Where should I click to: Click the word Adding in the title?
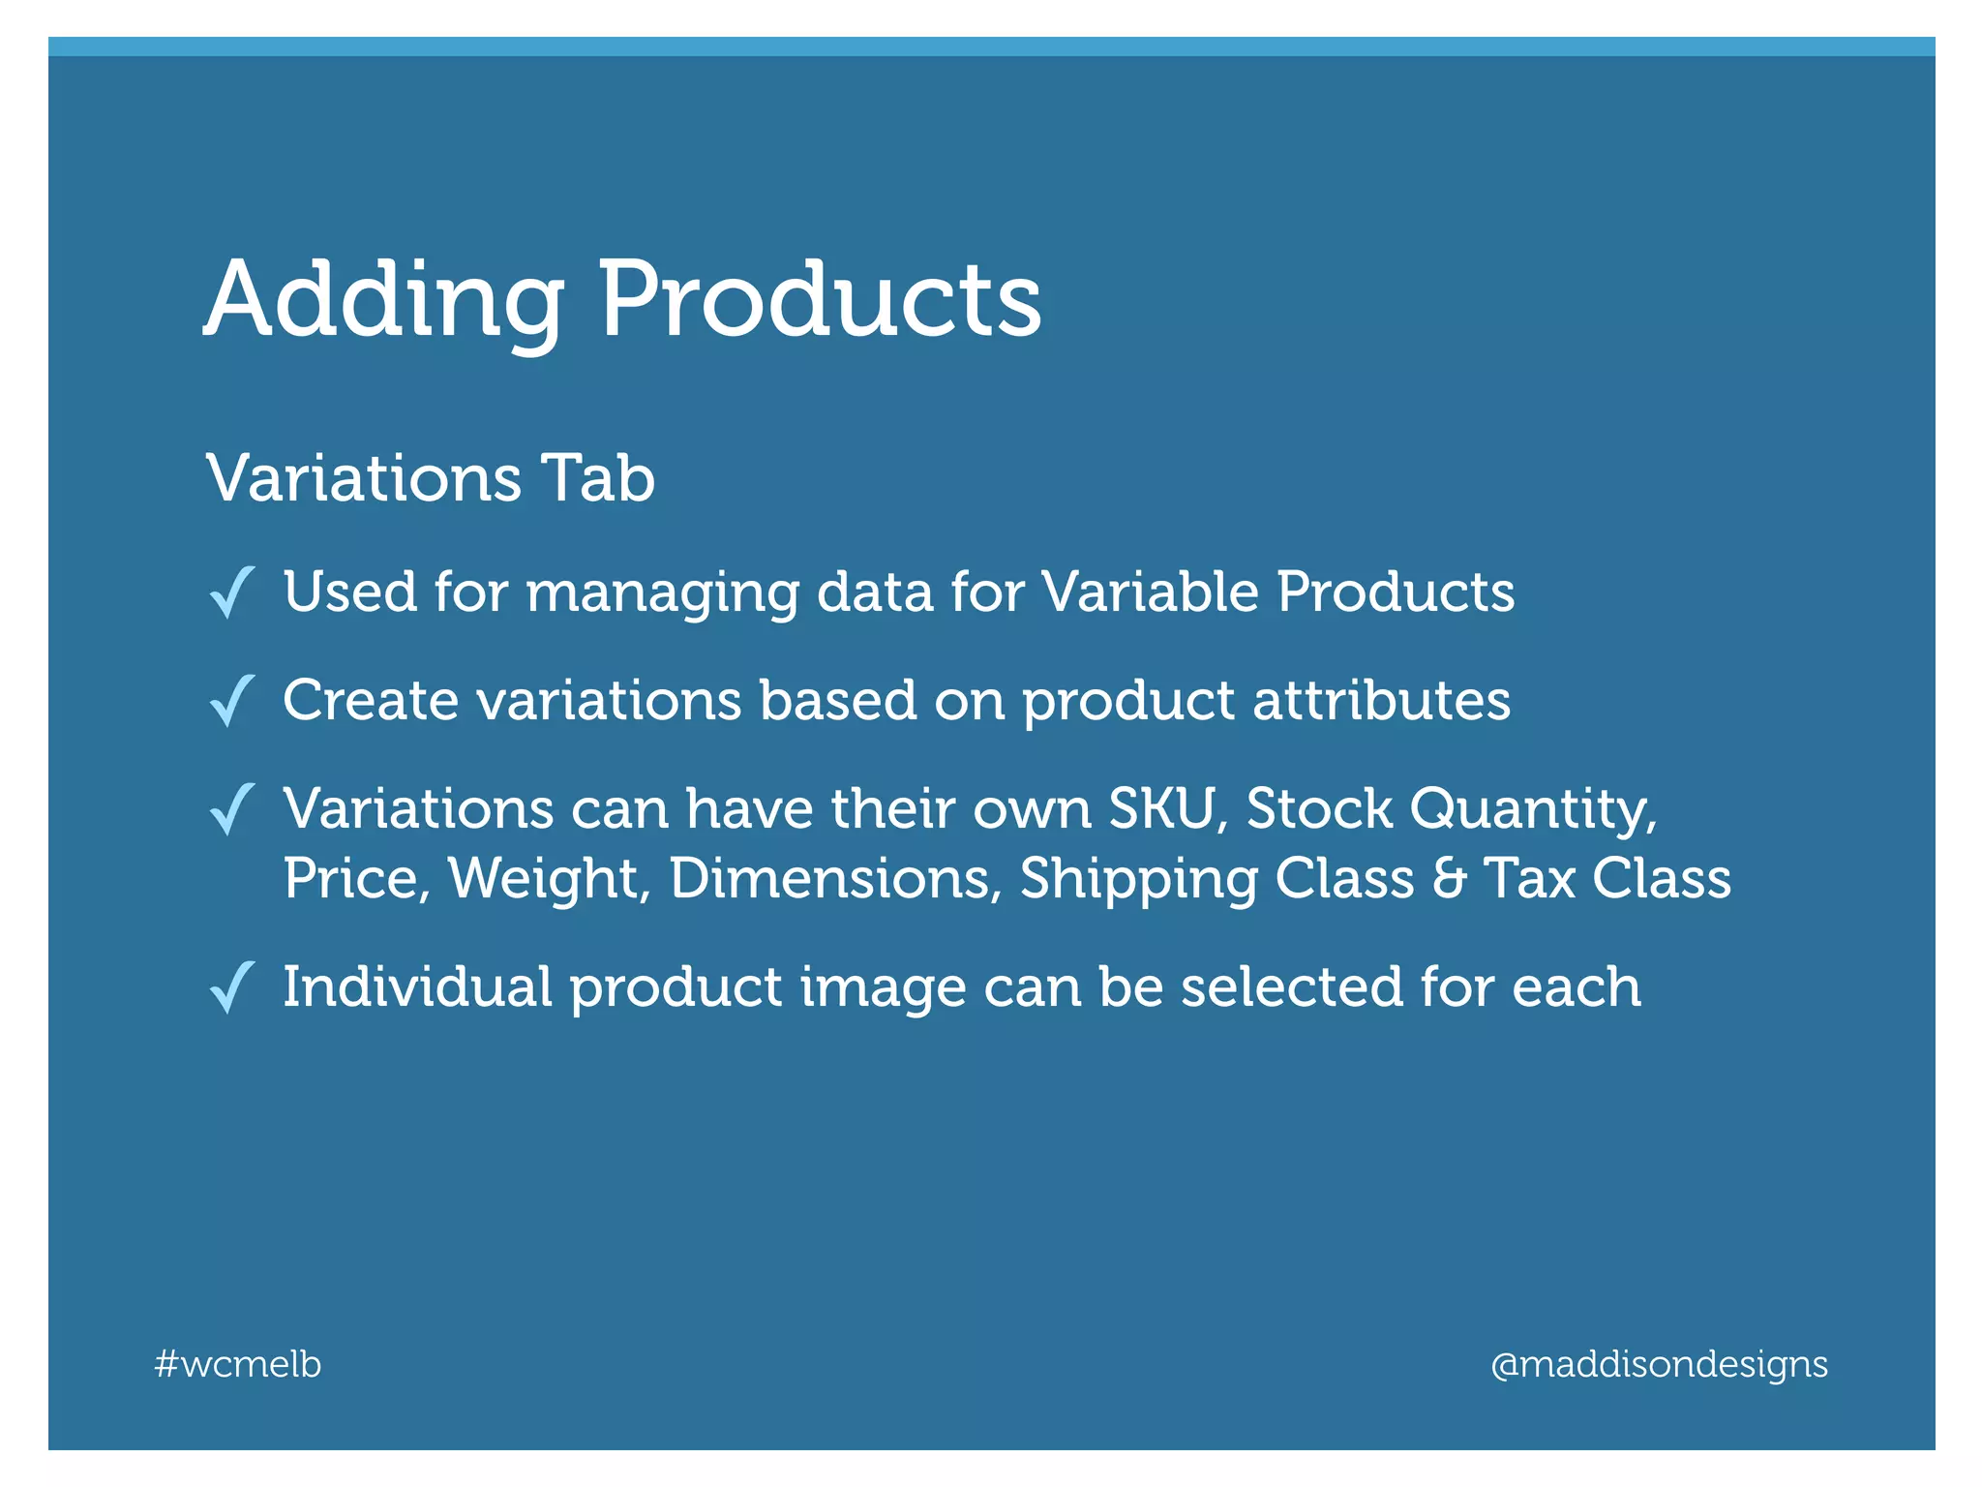pos(383,300)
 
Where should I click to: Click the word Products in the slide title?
pos(820,300)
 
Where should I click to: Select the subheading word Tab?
pos(598,478)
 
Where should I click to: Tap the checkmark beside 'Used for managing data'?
pos(232,592)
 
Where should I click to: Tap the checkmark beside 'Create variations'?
pos(232,701)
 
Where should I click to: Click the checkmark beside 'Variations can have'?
pos(232,809)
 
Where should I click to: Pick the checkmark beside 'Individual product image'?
pos(232,987)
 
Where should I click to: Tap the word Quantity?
pos(1532,809)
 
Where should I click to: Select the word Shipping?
pos(1138,879)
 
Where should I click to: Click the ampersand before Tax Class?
pos(1449,879)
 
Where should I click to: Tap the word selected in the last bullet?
pos(1291,986)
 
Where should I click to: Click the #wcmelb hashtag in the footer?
pos(238,1364)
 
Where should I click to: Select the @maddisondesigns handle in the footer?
pos(1659,1364)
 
